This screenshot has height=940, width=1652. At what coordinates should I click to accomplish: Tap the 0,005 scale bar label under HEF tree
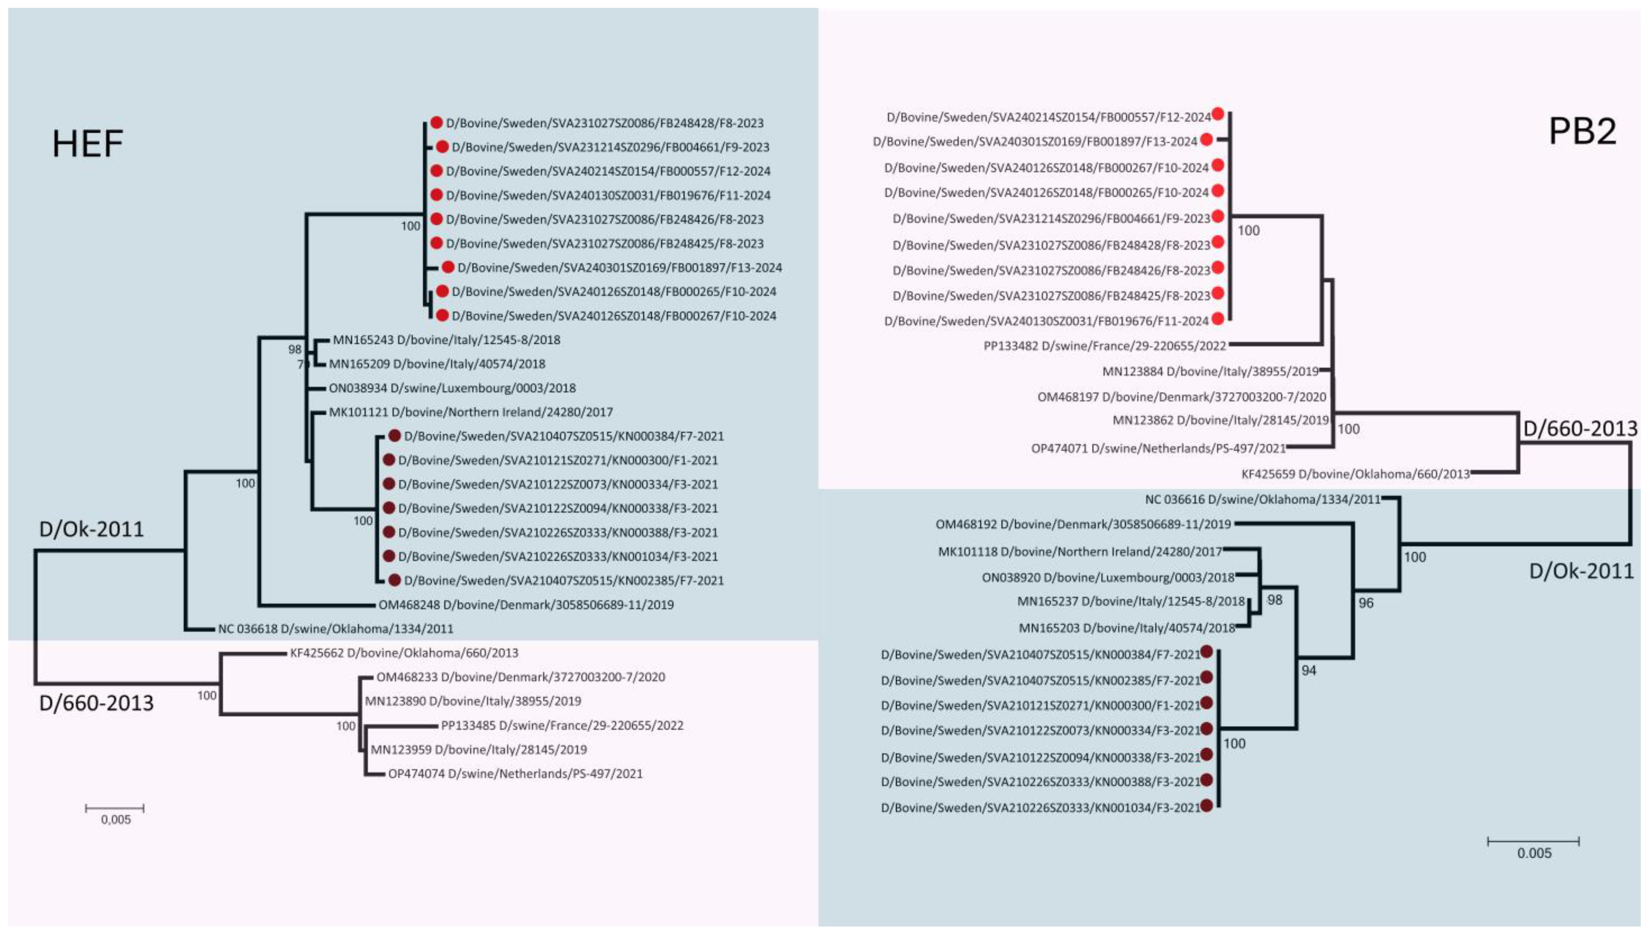[x=116, y=820]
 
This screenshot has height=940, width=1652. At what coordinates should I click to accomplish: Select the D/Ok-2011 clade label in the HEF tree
[x=91, y=529]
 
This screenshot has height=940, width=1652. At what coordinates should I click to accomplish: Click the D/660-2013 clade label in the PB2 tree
[x=1580, y=429]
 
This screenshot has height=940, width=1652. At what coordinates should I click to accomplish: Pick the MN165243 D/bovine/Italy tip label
[x=446, y=340]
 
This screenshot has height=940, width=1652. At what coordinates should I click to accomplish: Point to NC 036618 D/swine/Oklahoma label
[x=335, y=629]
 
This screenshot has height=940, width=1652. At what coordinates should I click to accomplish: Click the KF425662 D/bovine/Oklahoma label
[x=404, y=653]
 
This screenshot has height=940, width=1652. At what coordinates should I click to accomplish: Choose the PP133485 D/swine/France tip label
[x=562, y=726]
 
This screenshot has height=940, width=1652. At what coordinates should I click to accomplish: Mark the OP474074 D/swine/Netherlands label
[x=515, y=774]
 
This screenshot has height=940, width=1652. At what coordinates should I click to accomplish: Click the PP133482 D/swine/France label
[x=1104, y=346]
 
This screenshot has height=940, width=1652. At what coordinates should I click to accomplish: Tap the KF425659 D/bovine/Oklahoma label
[x=1355, y=474]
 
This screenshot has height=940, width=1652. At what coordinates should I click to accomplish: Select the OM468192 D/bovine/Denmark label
[x=1083, y=524]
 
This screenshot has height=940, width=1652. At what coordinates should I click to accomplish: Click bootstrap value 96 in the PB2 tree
[x=1366, y=603]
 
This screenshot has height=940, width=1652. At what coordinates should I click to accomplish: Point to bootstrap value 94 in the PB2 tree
[x=1309, y=671]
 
